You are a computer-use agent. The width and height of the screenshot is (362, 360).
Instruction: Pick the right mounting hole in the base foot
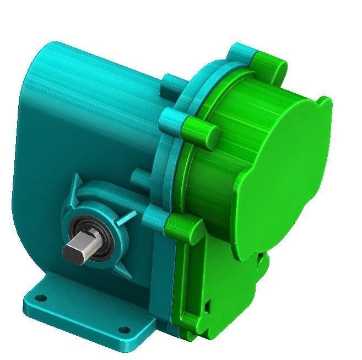tap(125, 330)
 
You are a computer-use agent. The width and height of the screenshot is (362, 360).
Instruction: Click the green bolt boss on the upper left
tap(198, 129)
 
